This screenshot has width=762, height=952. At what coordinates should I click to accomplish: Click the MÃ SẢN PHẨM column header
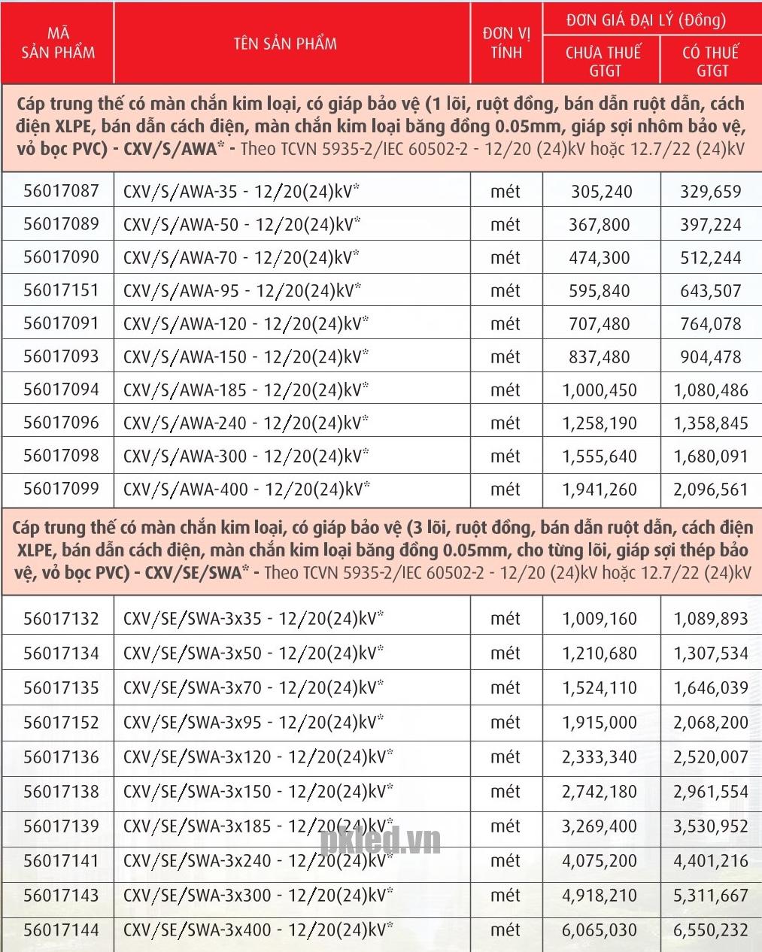[x=58, y=43]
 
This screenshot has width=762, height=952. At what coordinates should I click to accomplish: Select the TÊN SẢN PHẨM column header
[x=285, y=43]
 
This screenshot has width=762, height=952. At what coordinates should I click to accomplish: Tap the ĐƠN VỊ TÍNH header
[x=506, y=43]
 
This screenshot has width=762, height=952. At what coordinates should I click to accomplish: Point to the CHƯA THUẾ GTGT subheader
[x=603, y=61]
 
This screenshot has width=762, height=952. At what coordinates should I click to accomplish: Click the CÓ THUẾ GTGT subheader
[x=711, y=61]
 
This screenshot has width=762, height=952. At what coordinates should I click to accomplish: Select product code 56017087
[x=61, y=191]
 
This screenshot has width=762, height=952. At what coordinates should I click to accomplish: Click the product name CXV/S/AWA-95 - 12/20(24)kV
[x=241, y=290]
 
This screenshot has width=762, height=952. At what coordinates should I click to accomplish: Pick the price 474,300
[x=600, y=257]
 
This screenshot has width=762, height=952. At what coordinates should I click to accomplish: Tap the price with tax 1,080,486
[x=711, y=390]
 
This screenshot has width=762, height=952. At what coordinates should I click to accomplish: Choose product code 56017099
[x=61, y=489]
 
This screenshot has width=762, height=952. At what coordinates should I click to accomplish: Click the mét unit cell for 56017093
[x=505, y=356]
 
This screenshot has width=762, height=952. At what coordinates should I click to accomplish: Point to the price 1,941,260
[x=600, y=489]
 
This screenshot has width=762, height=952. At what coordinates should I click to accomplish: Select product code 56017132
[x=61, y=619]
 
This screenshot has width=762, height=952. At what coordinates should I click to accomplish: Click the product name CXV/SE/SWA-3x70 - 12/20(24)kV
[x=253, y=687]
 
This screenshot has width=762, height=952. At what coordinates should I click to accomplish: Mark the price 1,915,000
[x=600, y=722]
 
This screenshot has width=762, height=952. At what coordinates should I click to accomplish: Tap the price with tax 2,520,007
[x=711, y=756]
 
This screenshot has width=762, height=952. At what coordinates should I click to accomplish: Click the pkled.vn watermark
[x=381, y=841]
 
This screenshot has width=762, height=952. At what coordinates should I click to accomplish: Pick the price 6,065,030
[x=600, y=929]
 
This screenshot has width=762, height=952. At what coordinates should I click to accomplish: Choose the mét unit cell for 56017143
[x=505, y=895]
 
